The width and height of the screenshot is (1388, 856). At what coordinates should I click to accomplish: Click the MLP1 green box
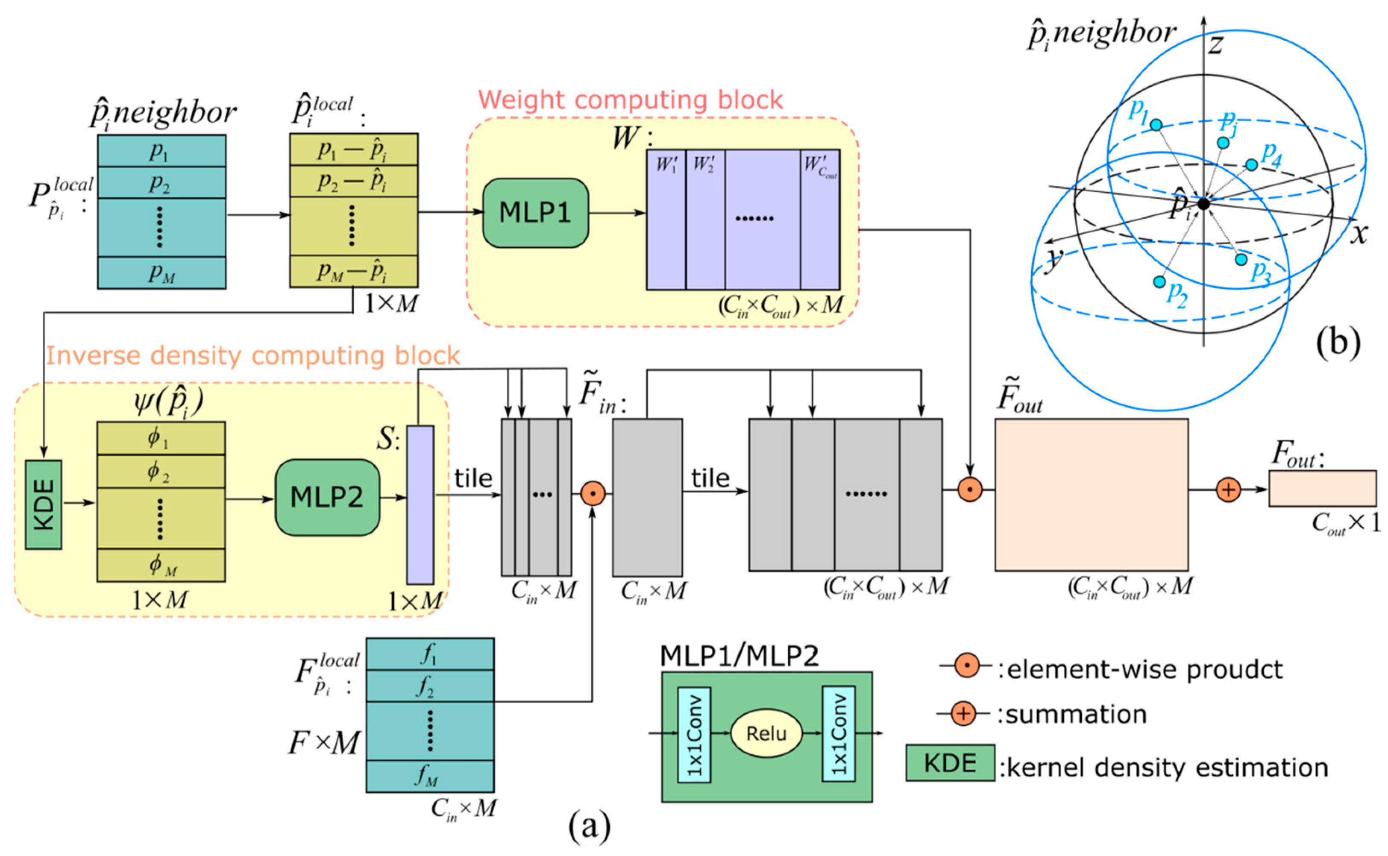pyautogui.click(x=535, y=213)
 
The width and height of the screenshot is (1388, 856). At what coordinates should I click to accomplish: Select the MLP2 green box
pyautogui.click(x=327, y=497)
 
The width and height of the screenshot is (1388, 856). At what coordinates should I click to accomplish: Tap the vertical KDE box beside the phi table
pyautogui.click(x=44, y=504)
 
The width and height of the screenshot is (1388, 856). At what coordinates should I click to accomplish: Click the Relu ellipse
pyautogui.click(x=766, y=733)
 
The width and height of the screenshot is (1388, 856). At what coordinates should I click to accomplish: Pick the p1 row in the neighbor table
pyautogui.click(x=161, y=151)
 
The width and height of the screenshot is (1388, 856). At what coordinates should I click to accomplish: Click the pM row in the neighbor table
pyautogui.click(x=161, y=273)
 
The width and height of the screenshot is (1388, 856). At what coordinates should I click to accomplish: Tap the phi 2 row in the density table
pyautogui.click(x=161, y=471)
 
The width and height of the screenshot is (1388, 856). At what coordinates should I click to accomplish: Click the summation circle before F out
pyautogui.click(x=1228, y=490)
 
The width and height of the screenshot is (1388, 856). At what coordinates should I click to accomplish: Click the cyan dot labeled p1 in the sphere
pyautogui.click(x=1156, y=125)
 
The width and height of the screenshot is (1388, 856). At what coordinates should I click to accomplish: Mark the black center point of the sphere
pyautogui.click(x=1203, y=204)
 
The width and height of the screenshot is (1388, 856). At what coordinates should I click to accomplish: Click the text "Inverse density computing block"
pyautogui.click(x=252, y=355)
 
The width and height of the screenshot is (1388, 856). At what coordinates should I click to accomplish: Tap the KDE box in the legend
pyautogui.click(x=949, y=762)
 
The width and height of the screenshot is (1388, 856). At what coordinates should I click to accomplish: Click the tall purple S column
pyautogui.click(x=420, y=504)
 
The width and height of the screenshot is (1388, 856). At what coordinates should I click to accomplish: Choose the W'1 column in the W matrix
pyautogui.click(x=666, y=220)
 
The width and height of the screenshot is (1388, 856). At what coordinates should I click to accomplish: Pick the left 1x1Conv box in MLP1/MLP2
pyautogui.click(x=693, y=734)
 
